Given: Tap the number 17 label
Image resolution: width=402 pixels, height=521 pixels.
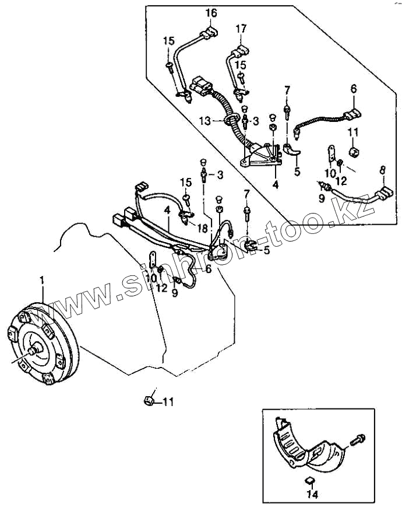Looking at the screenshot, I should pyautogui.click(x=242, y=28).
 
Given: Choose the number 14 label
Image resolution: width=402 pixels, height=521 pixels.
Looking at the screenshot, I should pyautogui.click(x=313, y=494).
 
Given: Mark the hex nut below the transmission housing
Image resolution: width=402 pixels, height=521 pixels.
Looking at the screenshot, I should pyautogui.click(x=149, y=400).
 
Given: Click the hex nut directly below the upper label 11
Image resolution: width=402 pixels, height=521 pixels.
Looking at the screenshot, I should pyautogui.click(x=353, y=152).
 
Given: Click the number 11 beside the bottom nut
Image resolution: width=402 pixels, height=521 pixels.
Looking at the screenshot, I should pyautogui.click(x=168, y=401).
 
